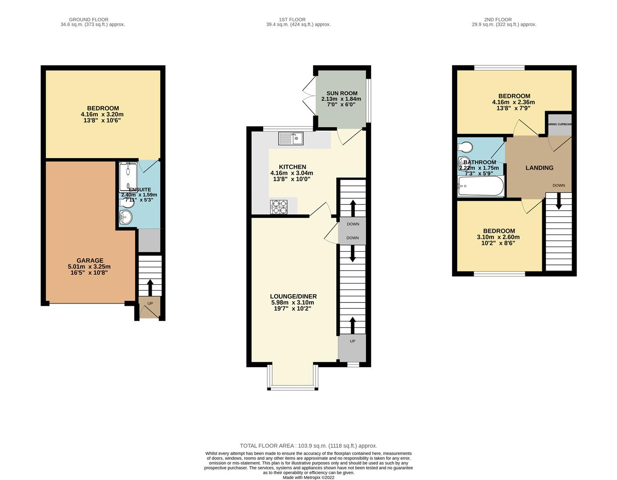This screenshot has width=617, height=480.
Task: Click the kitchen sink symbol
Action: coord(290,139)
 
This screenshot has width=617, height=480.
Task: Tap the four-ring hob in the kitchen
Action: coord(278,207)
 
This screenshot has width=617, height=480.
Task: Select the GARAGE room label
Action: coord(90,260)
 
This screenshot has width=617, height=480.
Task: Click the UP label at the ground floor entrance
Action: coord(150,304)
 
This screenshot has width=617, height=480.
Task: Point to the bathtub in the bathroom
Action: coord(480,186)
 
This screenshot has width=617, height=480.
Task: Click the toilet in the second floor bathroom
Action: coord(465,147)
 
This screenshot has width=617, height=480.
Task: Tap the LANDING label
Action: coord(539,168)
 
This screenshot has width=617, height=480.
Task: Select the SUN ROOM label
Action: coord(342,93)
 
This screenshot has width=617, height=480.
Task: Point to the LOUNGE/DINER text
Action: coord(293,296)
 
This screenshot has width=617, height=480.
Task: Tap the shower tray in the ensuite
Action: coord(128,177)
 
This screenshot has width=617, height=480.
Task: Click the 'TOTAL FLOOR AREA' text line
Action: coord(308,445)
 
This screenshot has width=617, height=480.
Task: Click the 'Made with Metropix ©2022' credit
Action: coord(308,478)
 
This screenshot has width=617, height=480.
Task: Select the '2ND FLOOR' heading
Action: coord(498,20)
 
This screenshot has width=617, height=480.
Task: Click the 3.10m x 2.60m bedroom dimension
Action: coord(499,237)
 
